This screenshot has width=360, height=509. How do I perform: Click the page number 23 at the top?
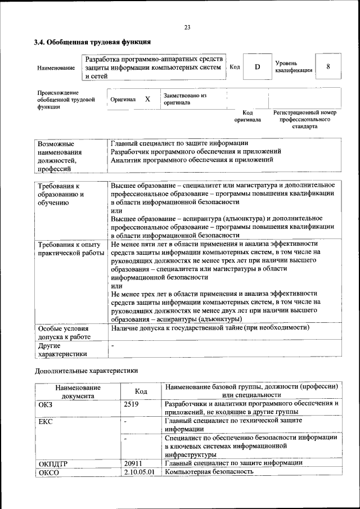[187, 28]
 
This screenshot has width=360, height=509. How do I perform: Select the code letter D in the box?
[257, 67]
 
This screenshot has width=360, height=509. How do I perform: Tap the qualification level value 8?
[327, 67]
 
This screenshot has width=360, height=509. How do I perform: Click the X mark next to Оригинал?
[147, 99]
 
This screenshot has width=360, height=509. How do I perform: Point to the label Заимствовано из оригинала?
[185, 99]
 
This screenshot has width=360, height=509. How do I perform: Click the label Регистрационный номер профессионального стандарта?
[304, 119]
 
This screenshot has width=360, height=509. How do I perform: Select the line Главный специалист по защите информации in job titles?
[179, 143]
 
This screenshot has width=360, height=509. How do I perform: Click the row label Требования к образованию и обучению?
[61, 195]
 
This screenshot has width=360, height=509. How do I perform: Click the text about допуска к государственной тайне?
[210, 327]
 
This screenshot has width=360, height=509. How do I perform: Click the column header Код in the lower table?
[141, 391]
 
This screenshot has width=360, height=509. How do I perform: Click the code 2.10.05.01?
[139, 472]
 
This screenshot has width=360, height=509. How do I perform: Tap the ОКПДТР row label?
[53, 463]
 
